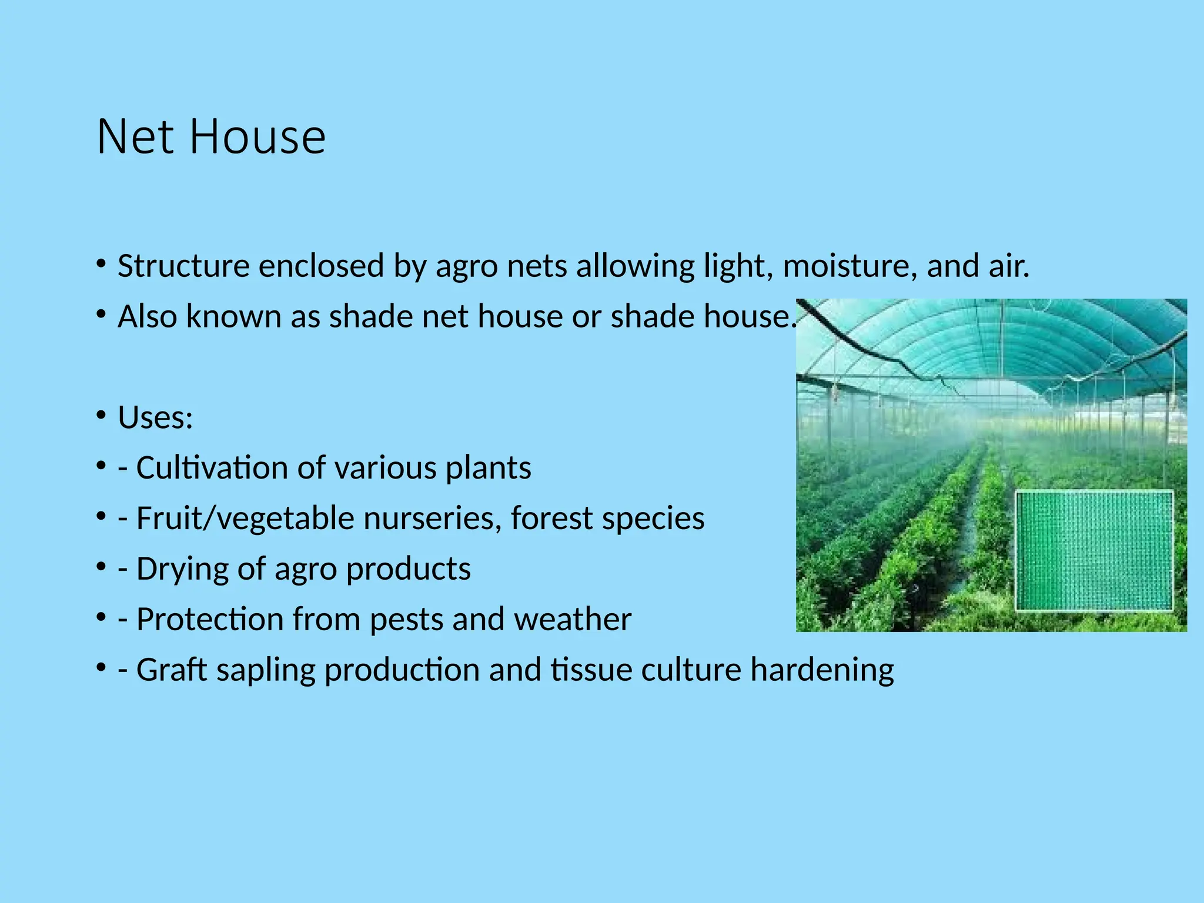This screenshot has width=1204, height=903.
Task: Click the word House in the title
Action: pos(257,137)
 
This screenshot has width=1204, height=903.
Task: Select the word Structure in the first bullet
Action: pos(183,266)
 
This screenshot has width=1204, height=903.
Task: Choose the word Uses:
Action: pos(155,417)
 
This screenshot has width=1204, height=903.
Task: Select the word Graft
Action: pos(171,670)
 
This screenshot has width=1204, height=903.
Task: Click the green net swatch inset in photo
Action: pos(1094,551)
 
